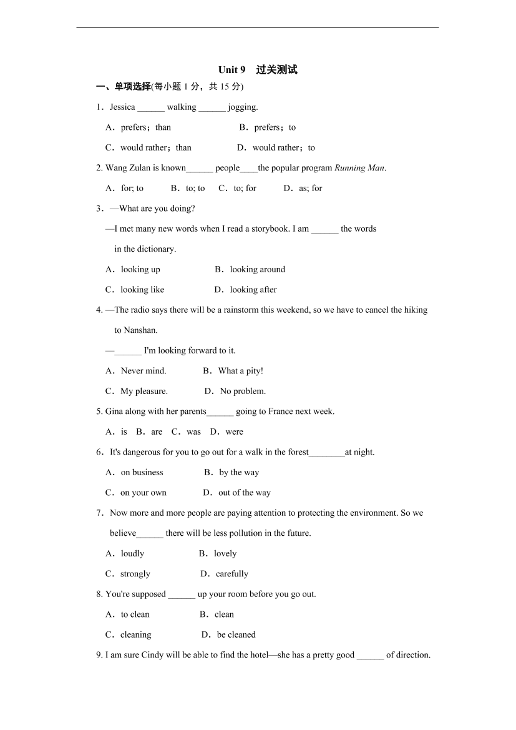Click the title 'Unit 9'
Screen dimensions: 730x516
(x=232, y=70)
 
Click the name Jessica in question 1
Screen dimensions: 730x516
(x=122, y=107)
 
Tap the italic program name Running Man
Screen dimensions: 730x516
(x=359, y=168)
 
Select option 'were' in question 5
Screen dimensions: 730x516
(x=234, y=432)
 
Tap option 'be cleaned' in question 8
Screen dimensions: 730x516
(x=236, y=635)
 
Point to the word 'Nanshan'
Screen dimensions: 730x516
(x=135, y=330)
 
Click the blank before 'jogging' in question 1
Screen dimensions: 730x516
(x=212, y=107)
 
